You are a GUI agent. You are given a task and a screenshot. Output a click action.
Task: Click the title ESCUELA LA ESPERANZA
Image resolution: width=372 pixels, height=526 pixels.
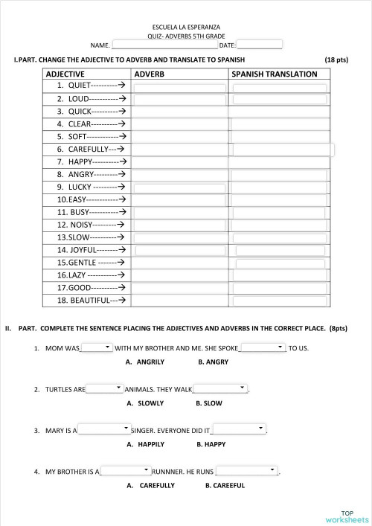coord(185,27)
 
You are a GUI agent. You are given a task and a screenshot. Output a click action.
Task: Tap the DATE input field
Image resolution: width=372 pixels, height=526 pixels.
coord(259,45)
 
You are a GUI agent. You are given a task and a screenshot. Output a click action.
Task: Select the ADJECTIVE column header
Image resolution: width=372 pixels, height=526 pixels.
coord(65,74)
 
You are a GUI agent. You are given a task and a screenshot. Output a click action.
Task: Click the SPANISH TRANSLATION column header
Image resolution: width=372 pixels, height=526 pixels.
coord(275,74)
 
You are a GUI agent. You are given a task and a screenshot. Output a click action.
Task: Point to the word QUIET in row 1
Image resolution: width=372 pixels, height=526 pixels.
coord(79,86)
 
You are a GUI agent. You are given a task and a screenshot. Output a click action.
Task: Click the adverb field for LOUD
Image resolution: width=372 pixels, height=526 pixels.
coord(179,99)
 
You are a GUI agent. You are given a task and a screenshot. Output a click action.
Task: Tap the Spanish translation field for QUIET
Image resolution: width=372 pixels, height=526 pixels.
coord(279,87)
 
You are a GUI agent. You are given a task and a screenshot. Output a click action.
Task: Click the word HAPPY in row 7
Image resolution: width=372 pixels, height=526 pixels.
coord(80,161)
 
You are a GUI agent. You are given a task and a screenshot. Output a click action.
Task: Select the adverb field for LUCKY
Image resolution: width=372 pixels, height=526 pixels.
coord(179,187)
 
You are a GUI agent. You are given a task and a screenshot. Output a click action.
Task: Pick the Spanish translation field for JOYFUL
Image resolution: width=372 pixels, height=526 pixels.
coord(279,250)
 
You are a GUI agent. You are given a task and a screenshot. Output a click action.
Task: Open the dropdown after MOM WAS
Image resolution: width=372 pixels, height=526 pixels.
coord(97,347)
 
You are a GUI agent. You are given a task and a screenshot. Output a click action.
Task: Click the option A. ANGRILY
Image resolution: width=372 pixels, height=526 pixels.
coord(145,362)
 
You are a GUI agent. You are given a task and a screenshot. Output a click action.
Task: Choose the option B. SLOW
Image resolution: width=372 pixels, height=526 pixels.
coord(209,403)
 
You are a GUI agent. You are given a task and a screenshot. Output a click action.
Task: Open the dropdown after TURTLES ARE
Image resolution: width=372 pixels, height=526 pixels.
coord(105,388)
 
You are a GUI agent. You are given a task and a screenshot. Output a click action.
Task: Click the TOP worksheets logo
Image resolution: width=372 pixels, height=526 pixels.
coord(347,516)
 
